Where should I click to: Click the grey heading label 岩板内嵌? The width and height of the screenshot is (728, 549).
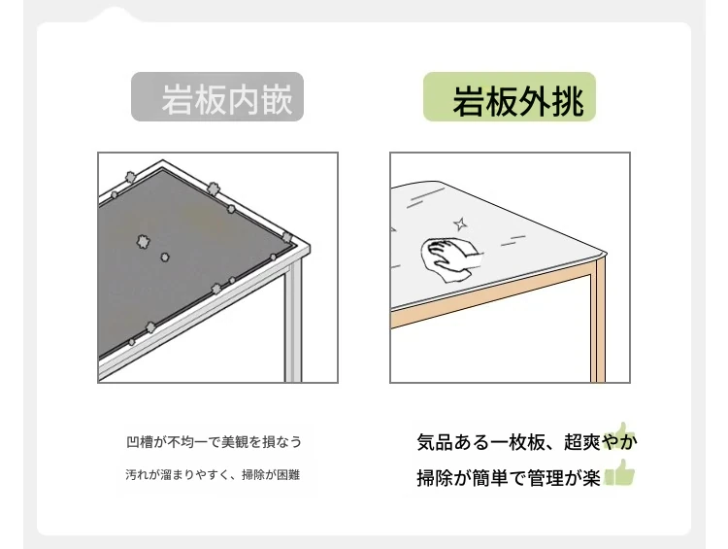tap(217, 97)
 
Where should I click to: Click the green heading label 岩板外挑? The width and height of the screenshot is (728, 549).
tap(510, 97)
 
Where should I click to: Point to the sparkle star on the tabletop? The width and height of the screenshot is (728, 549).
tap(460, 224)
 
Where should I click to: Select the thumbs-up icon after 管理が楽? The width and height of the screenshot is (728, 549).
tap(619, 473)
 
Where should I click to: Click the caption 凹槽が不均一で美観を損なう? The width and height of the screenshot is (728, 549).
tap(215, 441)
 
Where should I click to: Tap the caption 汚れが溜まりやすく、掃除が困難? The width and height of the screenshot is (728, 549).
tap(213, 474)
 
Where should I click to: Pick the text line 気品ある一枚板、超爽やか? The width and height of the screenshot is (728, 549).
tap(526, 441)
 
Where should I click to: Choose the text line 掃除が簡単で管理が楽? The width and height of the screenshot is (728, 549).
tap(509, 478)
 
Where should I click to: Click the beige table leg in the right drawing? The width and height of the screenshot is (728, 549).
tap(598, 321)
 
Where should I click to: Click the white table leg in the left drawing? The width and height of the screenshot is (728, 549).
tap(293, 321)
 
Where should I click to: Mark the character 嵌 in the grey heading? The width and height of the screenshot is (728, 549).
tap(277, 99)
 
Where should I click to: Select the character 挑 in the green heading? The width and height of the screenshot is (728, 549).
tap(568, 101)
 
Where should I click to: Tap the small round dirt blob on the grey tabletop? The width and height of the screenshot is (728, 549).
tap(165, 257)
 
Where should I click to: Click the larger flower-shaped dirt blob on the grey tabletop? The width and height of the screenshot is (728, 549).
tap(143, 242)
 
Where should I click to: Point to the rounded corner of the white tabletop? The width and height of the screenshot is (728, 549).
tap(604, 254)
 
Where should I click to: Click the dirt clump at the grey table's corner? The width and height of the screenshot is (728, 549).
tap(287, 238)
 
